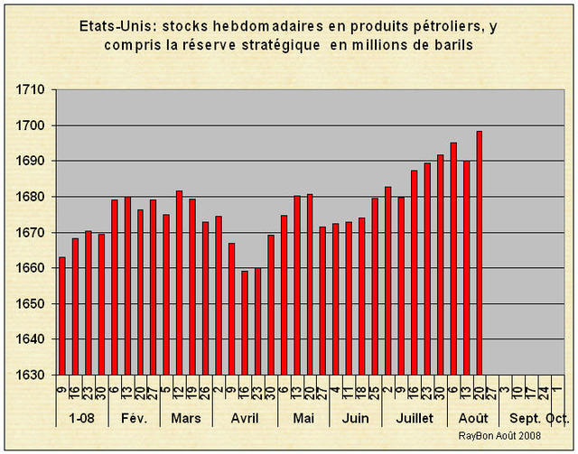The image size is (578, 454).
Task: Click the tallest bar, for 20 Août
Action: [480, 253]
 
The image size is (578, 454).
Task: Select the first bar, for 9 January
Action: [62, 316]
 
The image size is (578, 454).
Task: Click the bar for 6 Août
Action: [453, 258]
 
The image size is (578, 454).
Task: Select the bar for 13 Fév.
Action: [127, 285]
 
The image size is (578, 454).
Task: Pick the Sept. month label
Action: [526, 419]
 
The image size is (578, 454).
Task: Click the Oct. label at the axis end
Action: [558, 419]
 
